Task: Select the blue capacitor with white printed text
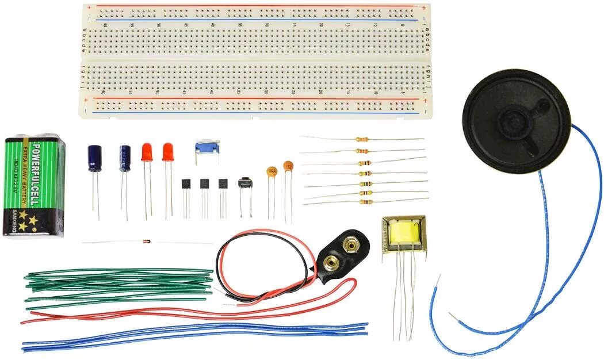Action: click(x=124, y=158)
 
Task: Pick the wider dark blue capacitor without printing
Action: click(x=94, y=157)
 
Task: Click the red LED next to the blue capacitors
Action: click(x=147, y=152)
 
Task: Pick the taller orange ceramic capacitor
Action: click(x=288, y=167)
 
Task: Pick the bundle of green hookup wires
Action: click(x=115, y=284)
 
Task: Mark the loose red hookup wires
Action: click(x=190, y=313)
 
